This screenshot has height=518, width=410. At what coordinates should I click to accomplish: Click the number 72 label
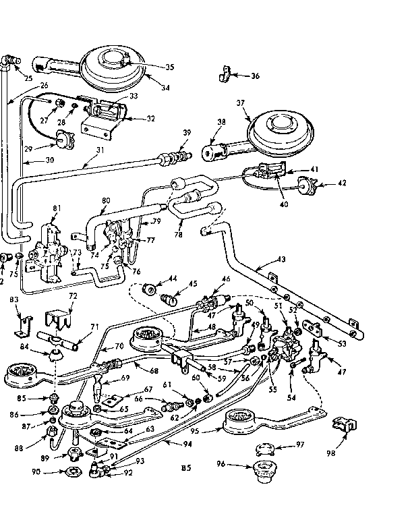click(73, 296)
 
